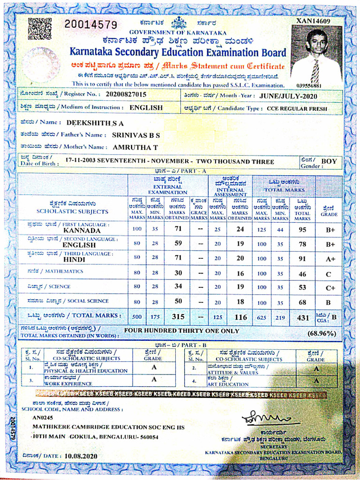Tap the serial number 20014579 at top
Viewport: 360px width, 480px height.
90,24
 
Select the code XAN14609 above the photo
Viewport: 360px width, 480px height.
313,21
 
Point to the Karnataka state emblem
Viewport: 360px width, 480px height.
179,22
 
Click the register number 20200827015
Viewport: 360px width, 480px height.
126,94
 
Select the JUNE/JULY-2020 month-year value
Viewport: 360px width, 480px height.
288,96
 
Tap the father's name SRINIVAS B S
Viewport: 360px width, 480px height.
136,135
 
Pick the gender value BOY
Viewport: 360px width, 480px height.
329,161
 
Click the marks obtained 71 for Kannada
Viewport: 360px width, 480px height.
178,229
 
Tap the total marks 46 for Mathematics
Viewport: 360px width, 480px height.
302,273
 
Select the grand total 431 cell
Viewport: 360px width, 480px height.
303,317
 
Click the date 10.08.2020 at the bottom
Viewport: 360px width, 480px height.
81,456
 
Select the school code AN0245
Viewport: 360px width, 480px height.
43,417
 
